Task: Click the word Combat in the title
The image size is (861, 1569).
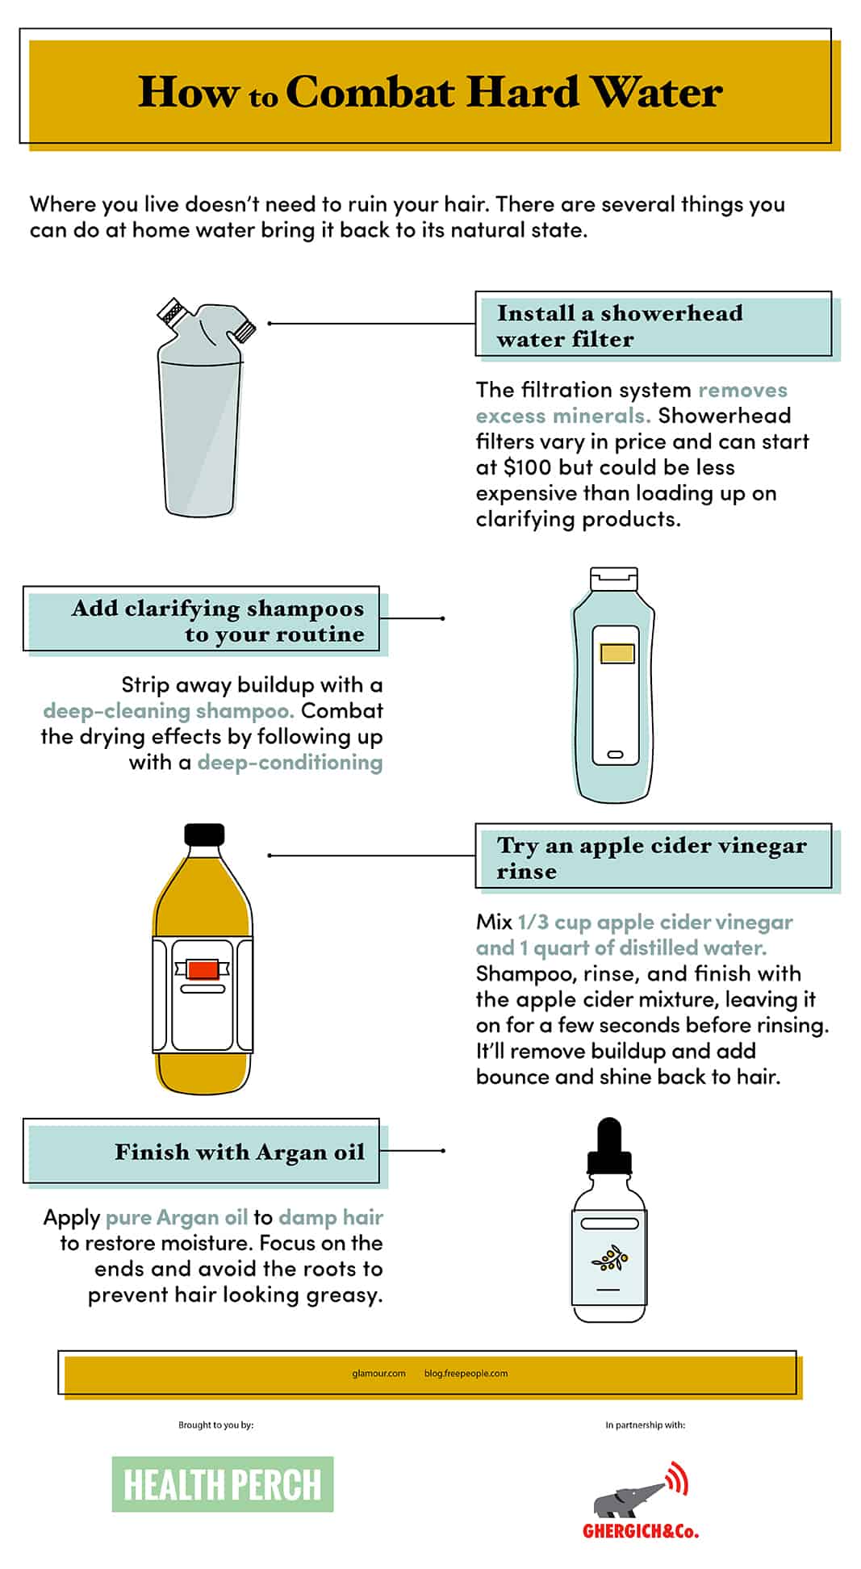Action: point(370,92)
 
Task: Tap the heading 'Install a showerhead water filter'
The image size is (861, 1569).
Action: point(620,325)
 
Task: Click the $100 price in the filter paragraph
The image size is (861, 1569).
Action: point(528,467)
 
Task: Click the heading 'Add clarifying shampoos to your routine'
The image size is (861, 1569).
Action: point(218,621)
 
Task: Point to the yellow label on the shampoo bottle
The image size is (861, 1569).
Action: point(617,653)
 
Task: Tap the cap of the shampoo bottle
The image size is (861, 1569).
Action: point(614,579)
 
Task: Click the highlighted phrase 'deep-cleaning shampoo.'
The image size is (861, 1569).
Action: point(168,710)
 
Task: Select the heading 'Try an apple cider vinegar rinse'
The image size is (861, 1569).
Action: point(652,858)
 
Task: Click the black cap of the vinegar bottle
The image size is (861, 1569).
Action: point(204,835)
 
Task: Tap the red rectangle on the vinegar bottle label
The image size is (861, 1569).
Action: point(203,969)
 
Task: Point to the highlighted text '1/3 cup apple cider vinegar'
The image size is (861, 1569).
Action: point(655,922)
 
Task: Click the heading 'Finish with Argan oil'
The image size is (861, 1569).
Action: point(240,1152)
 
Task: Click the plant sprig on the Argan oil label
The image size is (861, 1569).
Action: point(609,1257)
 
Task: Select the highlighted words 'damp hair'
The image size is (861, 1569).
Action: point(331,1217)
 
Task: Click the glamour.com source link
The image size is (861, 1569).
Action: point(378,1373)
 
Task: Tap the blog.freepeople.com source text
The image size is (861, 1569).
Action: point(466,1373)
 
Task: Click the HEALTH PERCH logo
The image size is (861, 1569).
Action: point(222,1483)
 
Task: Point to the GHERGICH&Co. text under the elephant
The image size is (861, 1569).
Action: point(641,1531)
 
